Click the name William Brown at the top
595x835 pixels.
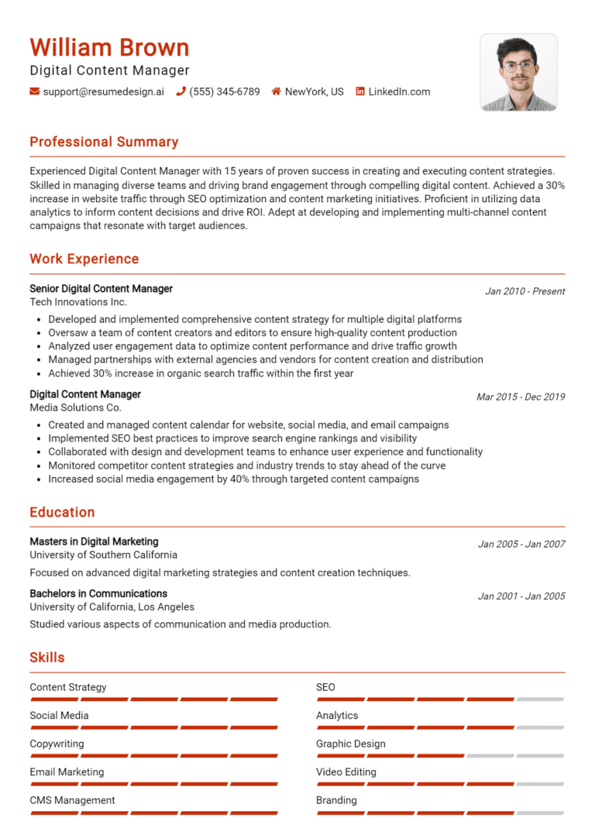[x=109, y=47]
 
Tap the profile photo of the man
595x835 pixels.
[x=518, y=72]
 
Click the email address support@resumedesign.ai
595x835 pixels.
[x=103, y=91]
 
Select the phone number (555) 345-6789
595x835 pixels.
[x=225, y=91]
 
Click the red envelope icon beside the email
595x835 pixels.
[x=34, y=91]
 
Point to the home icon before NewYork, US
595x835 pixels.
[x=276, y=91]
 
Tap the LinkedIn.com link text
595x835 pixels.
[x=399, y=91]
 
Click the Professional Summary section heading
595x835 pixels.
[x=104, y=142]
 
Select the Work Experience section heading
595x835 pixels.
[x=84, y=259]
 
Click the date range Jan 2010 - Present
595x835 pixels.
[x=524, y=291]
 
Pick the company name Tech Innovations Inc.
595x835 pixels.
[x=78, y=302]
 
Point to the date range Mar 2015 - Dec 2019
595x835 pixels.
[x=521, y=397]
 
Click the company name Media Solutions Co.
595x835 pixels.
[x=75, y=407]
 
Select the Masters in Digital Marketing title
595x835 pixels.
[x=94, y=541]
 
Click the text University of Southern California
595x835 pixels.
[x=103, y=555]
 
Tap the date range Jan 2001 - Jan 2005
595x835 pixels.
[x=521, y=596]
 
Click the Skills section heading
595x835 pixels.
[x=47, y=658]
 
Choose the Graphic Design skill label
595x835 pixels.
[x=350, y=744]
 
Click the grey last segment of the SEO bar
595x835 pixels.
[x=540, y=699]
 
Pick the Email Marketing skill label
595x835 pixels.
[x=67, y=771]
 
